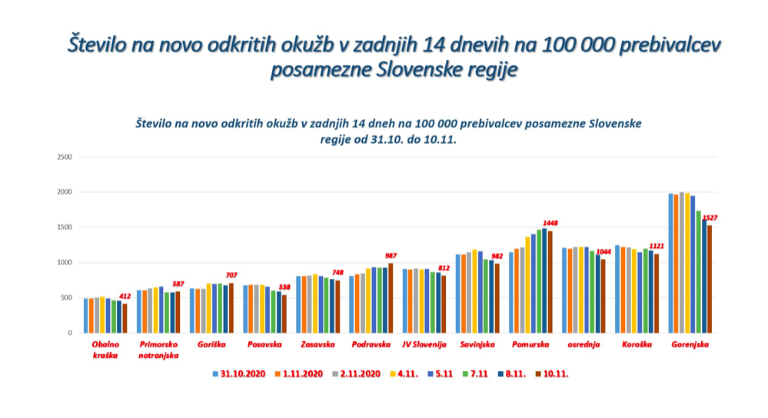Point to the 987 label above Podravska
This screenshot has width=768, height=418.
(x=392, y=255)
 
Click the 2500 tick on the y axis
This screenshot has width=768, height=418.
(x=65, y=157)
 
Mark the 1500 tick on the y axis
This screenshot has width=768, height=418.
(x=65, y=227)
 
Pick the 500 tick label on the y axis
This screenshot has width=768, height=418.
(x=67, y=297)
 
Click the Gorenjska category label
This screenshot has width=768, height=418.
(x=690, y=345)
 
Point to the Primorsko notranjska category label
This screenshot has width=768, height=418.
(x=158, y=350)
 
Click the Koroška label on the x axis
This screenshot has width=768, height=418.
(x=638, y=345)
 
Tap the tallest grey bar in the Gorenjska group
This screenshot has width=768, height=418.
(x=682, y=262)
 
